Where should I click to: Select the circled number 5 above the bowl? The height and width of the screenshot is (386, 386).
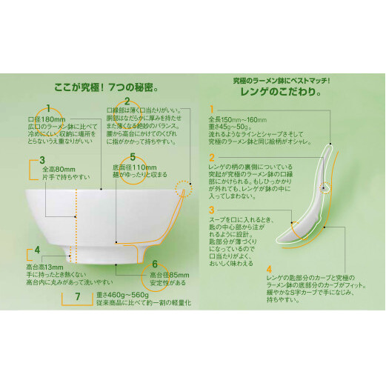tap(132, 156)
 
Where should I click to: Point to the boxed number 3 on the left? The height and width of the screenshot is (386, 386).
tap(42, 159)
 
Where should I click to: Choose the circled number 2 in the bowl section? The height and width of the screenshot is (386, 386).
tap(127, 102)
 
